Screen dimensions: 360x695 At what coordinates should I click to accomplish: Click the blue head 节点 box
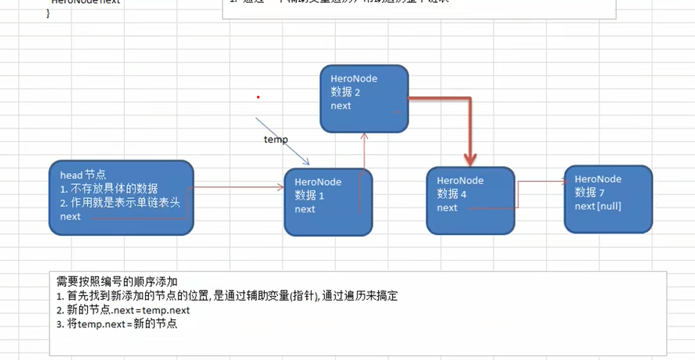point(121,198)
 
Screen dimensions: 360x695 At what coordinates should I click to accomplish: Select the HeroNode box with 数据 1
point(328,202)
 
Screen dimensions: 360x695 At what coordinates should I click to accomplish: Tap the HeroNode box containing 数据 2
point(364,99)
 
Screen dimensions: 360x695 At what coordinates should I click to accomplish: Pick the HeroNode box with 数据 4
point(470,201)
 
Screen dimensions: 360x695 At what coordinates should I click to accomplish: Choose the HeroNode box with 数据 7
point(608,199)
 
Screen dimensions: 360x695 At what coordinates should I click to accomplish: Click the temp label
point(275,140)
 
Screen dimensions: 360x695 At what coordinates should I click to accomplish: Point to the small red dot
point(258,97)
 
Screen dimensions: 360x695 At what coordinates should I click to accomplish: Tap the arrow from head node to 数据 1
point(236,187)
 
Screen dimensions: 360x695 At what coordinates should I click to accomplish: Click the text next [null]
point(597,206)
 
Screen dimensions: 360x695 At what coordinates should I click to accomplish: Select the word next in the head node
point(70,217)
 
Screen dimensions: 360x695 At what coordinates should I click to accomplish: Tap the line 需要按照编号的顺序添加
point(116,282)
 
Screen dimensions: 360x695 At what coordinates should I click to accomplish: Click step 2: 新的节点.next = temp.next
point(123,310)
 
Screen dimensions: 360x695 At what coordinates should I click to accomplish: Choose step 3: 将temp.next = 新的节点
point(117,324)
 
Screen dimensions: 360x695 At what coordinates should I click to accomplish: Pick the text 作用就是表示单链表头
point(125,203)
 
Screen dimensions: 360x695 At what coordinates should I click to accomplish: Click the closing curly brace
point(48,14)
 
